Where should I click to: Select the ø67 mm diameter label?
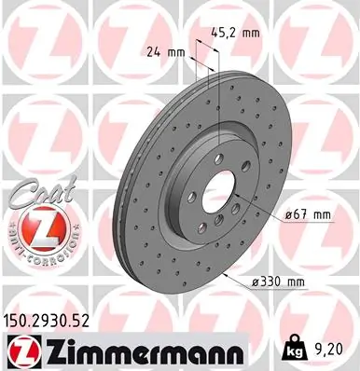click(x=308, y=215)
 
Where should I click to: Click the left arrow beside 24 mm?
click(x=192, y=52)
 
